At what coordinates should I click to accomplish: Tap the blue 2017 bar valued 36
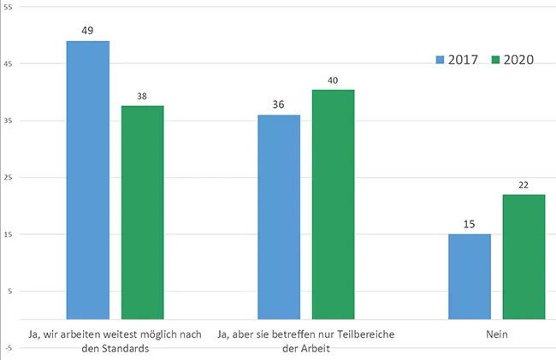(279, 216)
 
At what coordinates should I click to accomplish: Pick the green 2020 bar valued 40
(333, 204)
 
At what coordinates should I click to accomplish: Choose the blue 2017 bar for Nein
(470, 276)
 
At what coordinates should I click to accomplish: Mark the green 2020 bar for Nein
(523, 257)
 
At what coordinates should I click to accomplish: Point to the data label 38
(142, 96)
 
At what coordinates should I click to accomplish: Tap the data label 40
(333, 80)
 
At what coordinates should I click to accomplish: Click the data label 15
(470, 224)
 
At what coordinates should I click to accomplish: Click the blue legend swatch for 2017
(441, 60)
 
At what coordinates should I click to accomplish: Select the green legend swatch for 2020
(496, 60)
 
